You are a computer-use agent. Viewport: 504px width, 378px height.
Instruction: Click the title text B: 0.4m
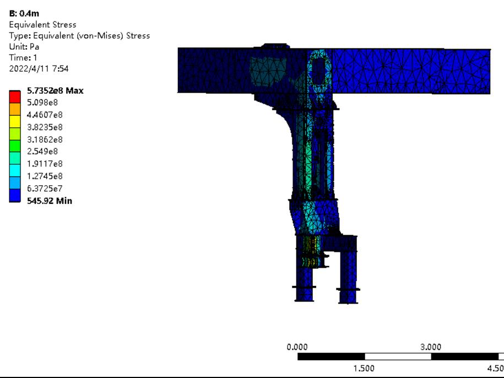coord(24,13)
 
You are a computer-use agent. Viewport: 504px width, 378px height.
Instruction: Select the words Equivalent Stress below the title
coord(43,25)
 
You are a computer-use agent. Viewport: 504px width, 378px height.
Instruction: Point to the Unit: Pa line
coord(24,47)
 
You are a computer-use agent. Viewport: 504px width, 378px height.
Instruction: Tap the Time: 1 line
coord(23,57)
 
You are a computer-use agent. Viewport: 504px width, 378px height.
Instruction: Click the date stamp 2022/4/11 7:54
coord(39,68)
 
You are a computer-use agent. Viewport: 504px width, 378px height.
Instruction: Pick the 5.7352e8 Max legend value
coord(55,90)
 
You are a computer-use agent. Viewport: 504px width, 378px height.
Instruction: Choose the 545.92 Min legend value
coord(50,201)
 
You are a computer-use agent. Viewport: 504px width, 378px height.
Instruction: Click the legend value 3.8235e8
coord(45,127)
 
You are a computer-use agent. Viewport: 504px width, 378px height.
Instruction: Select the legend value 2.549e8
coord(42,152)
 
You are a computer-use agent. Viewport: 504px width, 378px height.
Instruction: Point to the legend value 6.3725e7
coord(45,188)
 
